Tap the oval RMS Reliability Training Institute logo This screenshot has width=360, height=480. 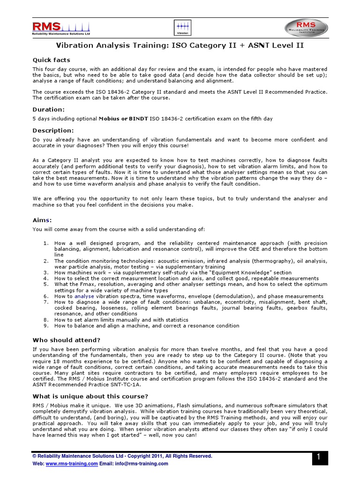(307, 28)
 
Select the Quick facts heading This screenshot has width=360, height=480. (51, 60)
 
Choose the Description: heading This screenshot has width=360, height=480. (53, 130)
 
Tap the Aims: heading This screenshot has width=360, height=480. (42, 220)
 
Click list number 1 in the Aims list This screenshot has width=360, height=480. (46, 243)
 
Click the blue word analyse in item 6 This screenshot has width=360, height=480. (84, 296)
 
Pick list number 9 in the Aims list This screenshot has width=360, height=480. (46, 325)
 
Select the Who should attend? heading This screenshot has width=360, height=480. (66, 340)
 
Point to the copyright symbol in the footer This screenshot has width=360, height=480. (34, 456)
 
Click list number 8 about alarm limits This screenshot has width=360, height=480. (46, 320)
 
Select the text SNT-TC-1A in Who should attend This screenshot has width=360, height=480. (112, 384)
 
